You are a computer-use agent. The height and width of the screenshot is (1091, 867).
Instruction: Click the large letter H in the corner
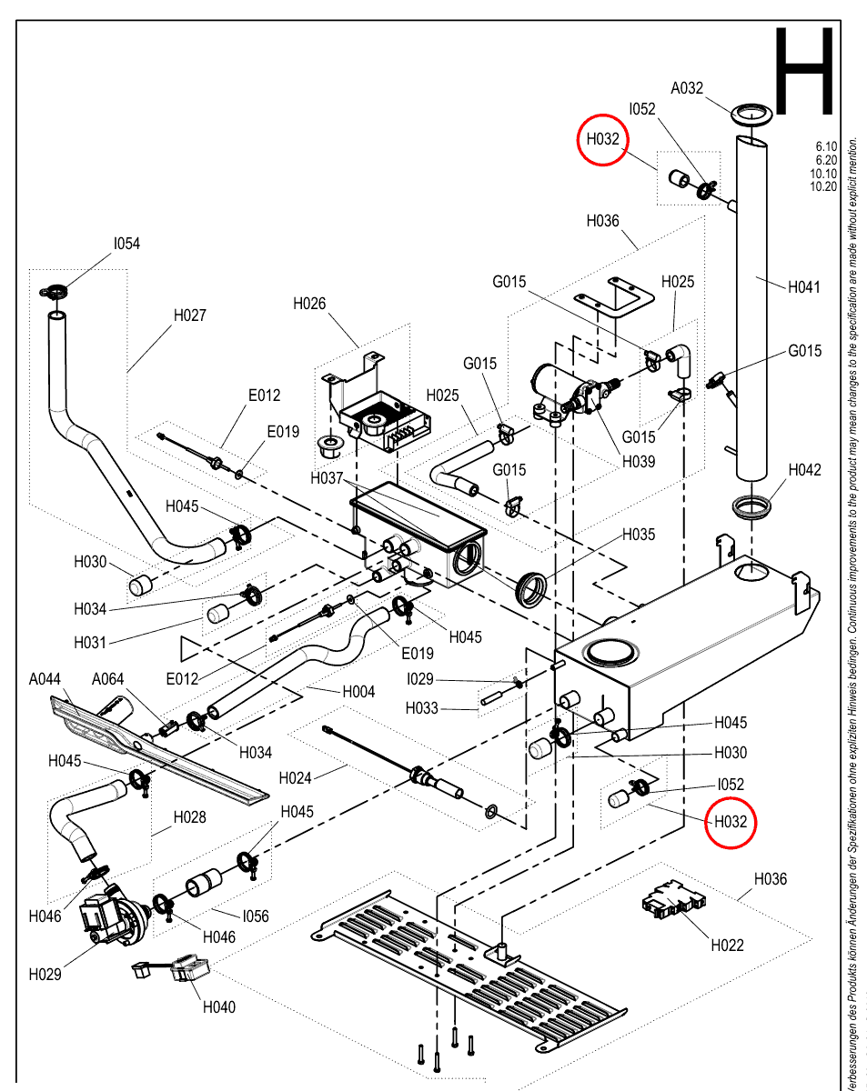click(x=803, y=71)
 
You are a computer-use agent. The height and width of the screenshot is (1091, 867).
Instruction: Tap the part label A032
click(x=686, y=88)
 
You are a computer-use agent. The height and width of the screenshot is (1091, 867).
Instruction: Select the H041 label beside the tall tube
click(x=803, y=287)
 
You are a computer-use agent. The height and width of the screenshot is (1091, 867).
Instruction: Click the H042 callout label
click(x=804, y=470)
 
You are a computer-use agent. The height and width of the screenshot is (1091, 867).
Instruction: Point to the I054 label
click(x=126, y=244)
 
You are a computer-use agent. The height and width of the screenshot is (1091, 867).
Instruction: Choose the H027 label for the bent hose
click(x=190, y=315)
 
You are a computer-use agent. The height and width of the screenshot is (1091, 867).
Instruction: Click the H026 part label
click(x=309, y=304)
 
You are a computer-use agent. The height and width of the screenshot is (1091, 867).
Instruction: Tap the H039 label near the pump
click(x=639, y=462)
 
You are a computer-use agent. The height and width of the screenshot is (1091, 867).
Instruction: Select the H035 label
click(x=639, y=535)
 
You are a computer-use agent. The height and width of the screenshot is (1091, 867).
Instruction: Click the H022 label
click(x=727, y=946)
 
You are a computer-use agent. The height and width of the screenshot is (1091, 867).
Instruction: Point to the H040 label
click(x=218, y=1006)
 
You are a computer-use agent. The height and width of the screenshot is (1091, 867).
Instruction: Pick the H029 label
click(x=45, y=975)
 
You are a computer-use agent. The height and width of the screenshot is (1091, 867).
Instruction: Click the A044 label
click(x=45, y=679)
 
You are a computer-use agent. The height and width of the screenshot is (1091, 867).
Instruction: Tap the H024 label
click(x=295, y=778)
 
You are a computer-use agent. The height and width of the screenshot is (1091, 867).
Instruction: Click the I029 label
click(x=420, y=679)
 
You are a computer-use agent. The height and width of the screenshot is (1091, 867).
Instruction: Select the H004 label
click(x=358, y=692)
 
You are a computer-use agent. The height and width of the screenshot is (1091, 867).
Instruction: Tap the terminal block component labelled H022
click(x=673, y=900)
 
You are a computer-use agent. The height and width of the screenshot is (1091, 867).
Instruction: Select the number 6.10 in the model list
click(x=826, y=146)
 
